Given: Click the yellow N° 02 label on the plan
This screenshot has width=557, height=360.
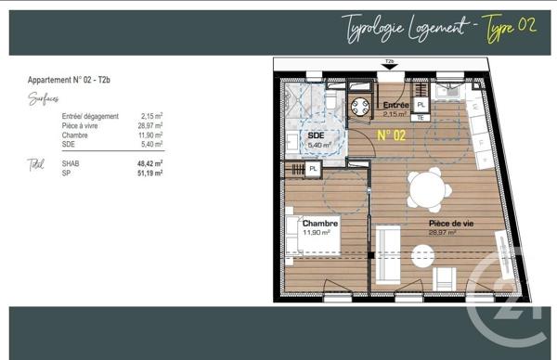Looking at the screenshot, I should pos(392,135).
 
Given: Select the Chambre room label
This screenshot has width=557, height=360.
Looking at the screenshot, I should pos(319,224).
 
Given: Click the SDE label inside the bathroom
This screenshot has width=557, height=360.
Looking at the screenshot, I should pos(317,135).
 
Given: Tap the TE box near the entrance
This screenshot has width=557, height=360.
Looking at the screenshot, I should pos(421,118).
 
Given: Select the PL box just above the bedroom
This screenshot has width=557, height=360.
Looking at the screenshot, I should pos(314,169).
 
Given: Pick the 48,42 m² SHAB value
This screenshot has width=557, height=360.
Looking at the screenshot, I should pos(149,163).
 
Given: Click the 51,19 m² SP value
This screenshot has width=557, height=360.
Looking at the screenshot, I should pos(149,173).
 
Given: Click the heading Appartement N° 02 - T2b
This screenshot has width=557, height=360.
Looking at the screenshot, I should pos(69,82).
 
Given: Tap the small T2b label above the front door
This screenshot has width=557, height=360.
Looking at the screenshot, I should pos(390,62).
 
